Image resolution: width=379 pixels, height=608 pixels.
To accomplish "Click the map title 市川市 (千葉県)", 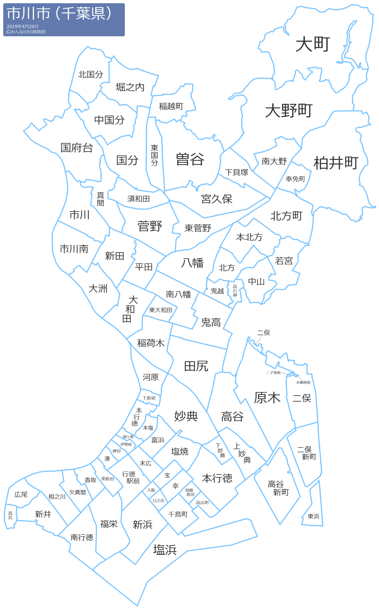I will click(59, 14).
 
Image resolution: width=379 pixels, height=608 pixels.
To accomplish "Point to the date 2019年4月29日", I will click(23, 26).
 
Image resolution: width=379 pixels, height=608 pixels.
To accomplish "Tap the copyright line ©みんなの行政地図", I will click(26, 32).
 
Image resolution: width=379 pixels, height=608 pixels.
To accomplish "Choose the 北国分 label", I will click(90, 74).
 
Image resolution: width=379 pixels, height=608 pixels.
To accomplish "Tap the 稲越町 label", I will click(171, 106).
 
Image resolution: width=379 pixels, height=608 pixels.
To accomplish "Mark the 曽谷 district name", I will click(190, 159).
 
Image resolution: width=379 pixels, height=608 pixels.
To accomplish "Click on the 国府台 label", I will click(77, 148).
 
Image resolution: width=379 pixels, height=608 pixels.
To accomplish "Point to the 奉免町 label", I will click(295, 179).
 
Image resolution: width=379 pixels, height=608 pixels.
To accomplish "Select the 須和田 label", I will click(138, 199).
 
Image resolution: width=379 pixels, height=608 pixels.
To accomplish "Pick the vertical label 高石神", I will click(235, 291).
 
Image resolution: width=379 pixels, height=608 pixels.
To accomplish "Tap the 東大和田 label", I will click(161, 310).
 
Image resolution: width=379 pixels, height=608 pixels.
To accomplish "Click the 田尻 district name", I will click(196, 366).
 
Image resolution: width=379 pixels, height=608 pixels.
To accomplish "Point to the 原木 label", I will click(267, 398).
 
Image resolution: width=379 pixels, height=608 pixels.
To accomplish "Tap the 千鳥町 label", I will click(178, 514).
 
